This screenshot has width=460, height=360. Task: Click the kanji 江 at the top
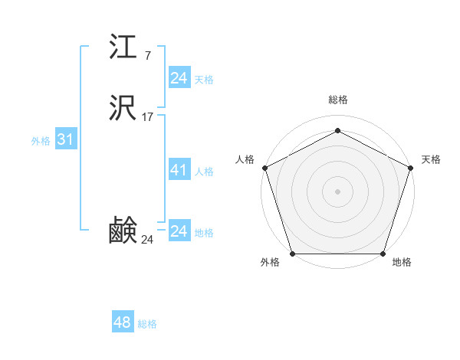click(x=123, y=49)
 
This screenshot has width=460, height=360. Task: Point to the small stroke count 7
click(x=147, y=55)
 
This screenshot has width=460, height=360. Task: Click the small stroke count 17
click(x=148, y=117)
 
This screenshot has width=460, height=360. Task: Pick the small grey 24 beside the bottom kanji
click(x=148, y=240)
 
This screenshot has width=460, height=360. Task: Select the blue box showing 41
click(x=179, y=170)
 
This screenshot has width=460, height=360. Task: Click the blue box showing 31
click(x=65, y=139)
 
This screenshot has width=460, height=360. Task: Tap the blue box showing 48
click(x=123, y=322)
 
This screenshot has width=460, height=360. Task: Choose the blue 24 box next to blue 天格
click(x=179, y=78)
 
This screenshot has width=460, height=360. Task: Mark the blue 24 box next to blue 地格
click(x=179, y=231)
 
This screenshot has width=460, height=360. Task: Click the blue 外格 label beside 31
click(x=41, y=141)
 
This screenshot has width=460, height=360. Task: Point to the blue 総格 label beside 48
click(x=147, y=324)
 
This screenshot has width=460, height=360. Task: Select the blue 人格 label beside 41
click(x=204, y=172)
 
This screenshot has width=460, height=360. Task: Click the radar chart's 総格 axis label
click(x=338, y=100)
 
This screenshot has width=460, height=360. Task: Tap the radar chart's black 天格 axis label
click(x=431, y=159)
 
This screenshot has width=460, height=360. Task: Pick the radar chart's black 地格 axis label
click(x=402, y=263)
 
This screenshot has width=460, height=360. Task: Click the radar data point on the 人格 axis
click(x=264, y=167)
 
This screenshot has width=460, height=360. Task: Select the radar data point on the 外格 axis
click(x=292, y=254)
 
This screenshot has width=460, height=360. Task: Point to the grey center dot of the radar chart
click(x=337, y=191)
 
